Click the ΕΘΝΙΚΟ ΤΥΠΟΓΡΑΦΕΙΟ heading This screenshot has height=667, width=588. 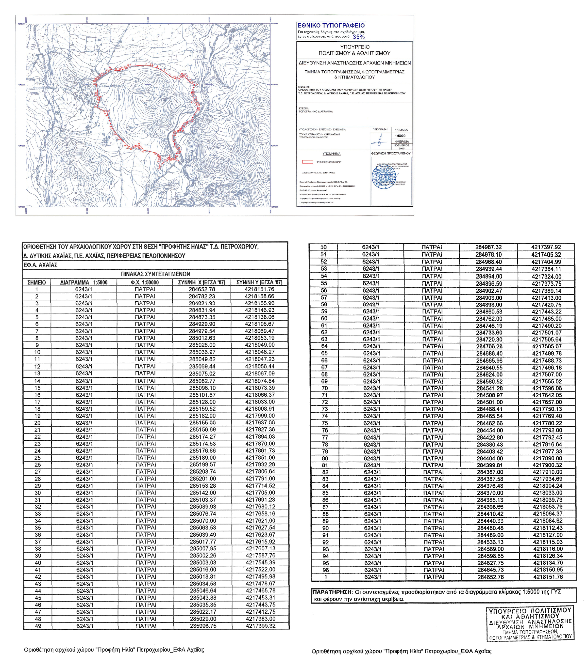pos(331,25)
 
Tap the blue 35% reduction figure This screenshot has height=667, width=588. pos(358,37)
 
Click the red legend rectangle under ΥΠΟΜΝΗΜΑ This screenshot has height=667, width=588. pos(307,162)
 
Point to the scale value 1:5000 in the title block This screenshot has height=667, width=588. pos(400,136)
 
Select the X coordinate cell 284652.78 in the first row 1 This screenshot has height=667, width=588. pos(202,289)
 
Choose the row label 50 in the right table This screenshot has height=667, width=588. pos(323,247)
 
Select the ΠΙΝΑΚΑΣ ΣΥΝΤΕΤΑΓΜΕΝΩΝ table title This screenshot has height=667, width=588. pos(155,274)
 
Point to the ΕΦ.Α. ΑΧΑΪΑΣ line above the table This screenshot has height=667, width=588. pos(40,265)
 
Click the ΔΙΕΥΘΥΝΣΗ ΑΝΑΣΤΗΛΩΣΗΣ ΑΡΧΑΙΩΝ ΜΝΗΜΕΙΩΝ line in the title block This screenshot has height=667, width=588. pos(355,63)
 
